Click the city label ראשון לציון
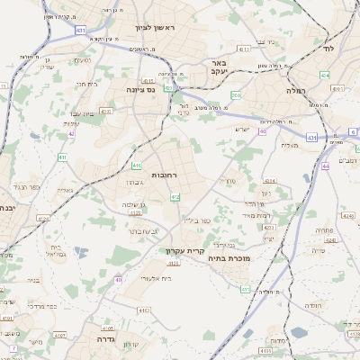[158, 28]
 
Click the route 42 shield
[70, 134]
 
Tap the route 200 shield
[236, 94]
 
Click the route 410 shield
[136, 166]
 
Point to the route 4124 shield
[328, 240]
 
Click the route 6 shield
[353, 131]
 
